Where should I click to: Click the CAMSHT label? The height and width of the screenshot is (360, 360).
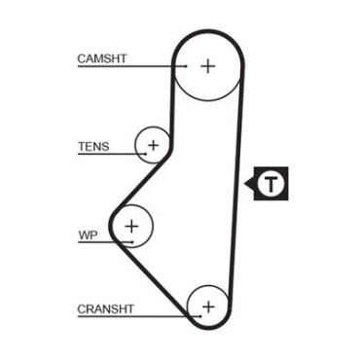coord(102,58)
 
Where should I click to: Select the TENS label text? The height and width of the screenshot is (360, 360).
coord(93,147)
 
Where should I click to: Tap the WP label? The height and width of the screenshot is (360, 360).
coord(88,235)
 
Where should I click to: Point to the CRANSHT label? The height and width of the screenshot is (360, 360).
coord(105,309)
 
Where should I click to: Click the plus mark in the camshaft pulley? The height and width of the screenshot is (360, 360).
coord(208,66)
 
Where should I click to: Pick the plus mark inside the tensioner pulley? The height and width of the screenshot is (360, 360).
coord(153,145)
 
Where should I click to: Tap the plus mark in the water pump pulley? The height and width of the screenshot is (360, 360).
coord(131,226)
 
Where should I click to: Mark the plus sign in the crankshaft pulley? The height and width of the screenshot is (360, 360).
coord(208,306)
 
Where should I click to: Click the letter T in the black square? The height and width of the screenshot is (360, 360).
coord(271,184)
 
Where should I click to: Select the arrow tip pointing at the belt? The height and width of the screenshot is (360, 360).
coord(245,184)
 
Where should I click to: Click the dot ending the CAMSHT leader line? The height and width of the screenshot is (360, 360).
coord(186,66)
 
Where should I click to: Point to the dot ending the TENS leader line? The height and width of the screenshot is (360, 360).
coord(146,154)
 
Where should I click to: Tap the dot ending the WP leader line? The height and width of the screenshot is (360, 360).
coord(132,242)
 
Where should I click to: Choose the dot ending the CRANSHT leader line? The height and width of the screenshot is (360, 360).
coord(201,316)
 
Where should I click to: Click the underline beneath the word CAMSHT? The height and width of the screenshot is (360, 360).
coord(132,66)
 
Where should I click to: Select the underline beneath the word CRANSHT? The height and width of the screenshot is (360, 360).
coord(139,316)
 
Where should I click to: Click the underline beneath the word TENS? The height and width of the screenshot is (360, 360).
coord(112,154)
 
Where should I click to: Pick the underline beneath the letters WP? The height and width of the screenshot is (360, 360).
coord(105,242)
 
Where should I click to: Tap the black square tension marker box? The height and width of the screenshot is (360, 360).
coord(270,184)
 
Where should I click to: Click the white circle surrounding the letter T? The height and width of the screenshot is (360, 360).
coord(271,173)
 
